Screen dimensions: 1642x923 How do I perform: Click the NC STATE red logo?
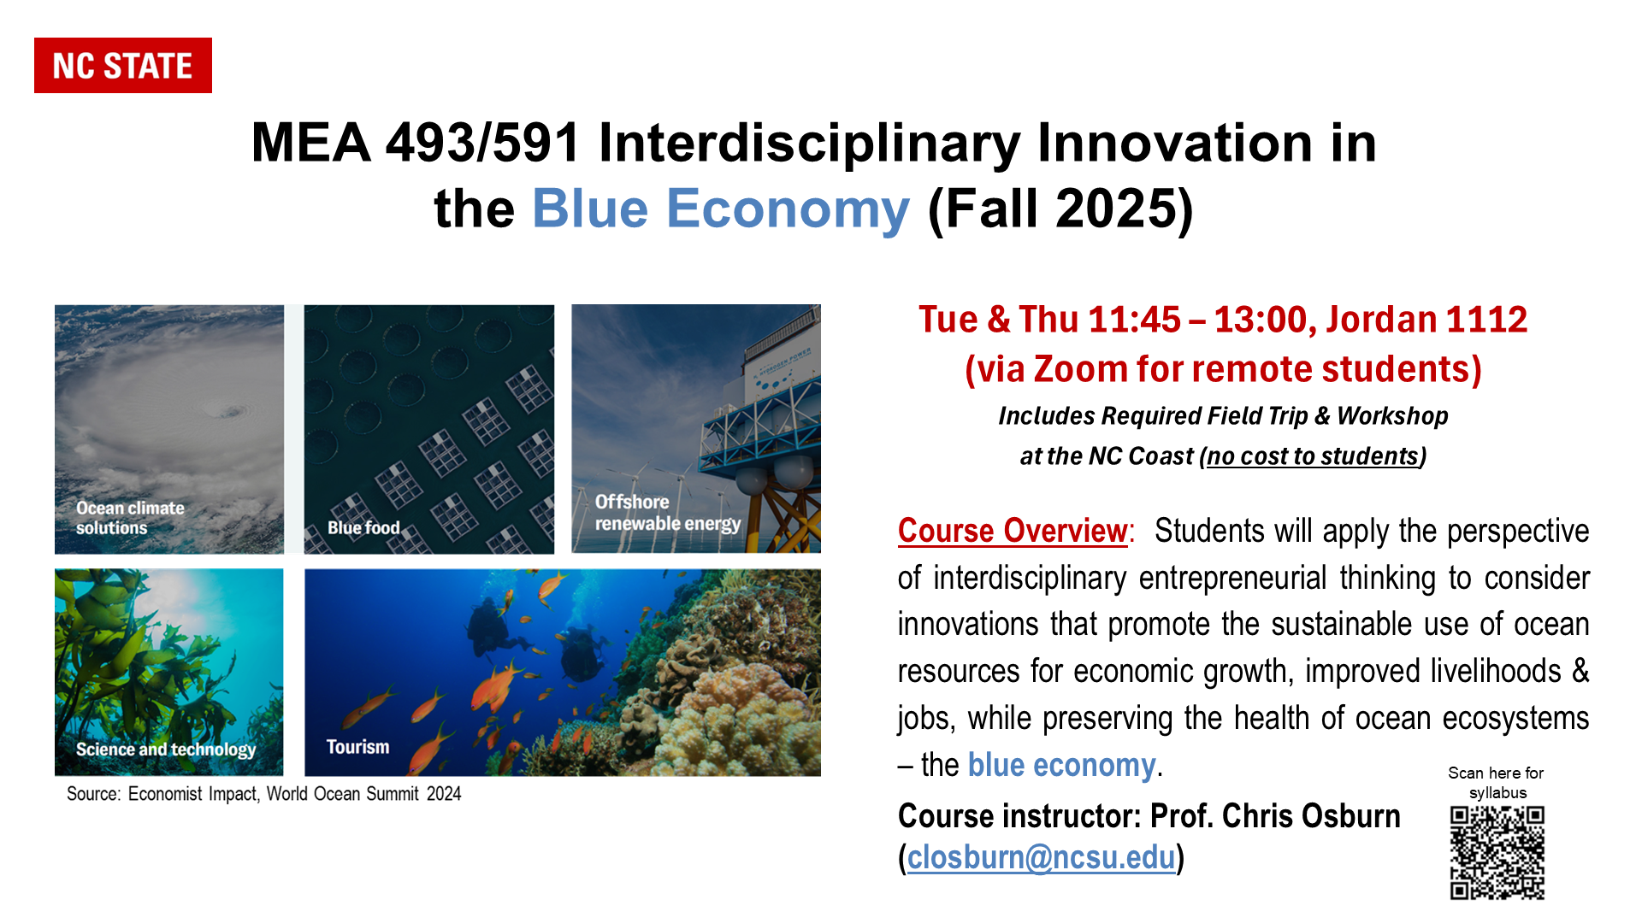point(123,65)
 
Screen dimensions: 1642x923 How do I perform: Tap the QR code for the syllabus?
point(1497,853)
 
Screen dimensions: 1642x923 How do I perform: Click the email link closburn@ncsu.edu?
point(1041,857)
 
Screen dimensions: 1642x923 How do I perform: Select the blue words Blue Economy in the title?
point(721,209)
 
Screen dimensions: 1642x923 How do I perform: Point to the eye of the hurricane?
point(231,412)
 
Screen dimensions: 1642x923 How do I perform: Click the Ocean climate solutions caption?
point(130,518)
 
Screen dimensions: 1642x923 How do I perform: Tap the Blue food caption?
point(363,527)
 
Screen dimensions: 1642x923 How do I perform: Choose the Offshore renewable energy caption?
point(668,513)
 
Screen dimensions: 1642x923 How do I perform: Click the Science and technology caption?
point(166,750)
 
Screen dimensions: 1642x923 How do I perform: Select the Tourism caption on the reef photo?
point(357,747)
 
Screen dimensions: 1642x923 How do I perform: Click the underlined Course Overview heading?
point(1013,531)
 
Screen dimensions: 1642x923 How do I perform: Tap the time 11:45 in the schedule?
point(1135,320)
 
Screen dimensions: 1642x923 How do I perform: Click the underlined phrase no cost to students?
point(1313,456)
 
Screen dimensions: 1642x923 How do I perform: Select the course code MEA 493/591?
point(416,142)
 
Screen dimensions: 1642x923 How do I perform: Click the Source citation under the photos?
point(264,794)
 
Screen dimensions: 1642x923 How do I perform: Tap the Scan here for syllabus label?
point(1497,783)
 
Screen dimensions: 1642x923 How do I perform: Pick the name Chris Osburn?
point(1311,816)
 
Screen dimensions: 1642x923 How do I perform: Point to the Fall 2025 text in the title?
point(1060,209)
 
